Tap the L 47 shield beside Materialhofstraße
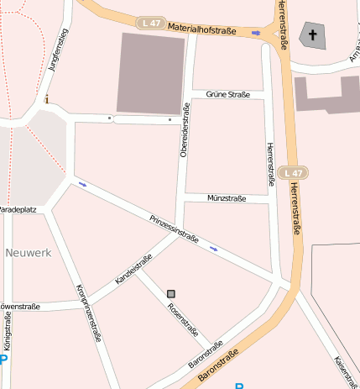[152, 24]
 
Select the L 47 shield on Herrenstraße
[292, 172]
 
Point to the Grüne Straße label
[227, 95]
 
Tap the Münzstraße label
[226, 199]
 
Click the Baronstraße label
[206, 355]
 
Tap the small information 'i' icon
[47, 100]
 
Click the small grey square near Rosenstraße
[171, 293]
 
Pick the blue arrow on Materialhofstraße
[256, 34]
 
